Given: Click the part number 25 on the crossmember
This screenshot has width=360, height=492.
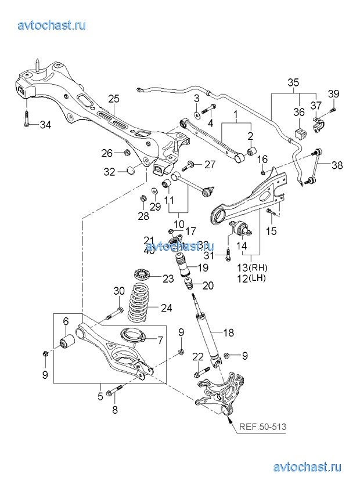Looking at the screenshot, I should tap(113, 98).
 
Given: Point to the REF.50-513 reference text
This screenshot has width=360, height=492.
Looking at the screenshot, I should tap(262, 428).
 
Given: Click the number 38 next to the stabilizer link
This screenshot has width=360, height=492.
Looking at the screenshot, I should tap(337, 165).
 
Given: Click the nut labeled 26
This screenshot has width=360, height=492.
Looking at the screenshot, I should tap(126, 153).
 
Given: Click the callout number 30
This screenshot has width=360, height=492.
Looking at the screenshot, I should tap(118, 291).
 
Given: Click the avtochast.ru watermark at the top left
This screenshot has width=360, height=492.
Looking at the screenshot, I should tap(52, 25).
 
